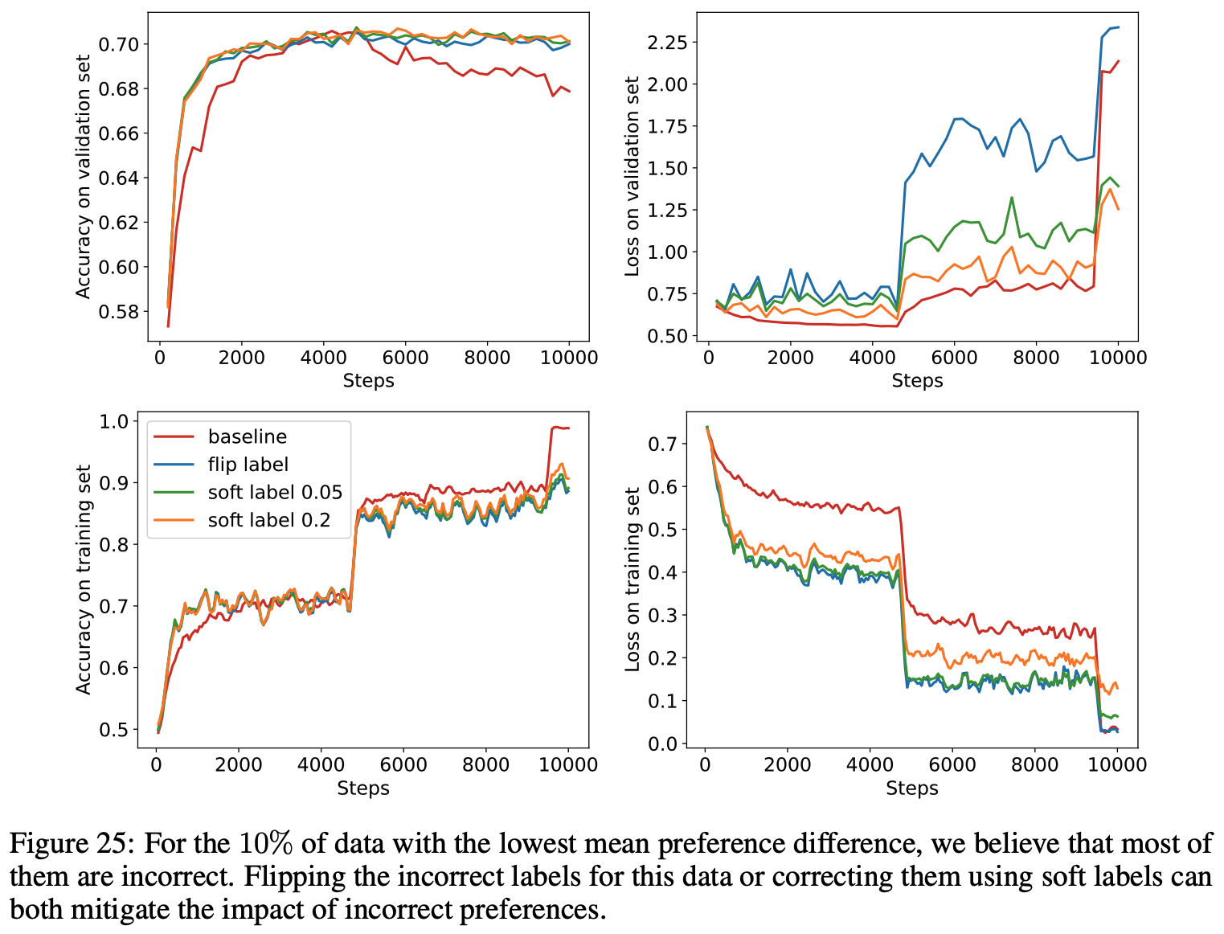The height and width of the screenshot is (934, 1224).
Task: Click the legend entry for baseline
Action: pos(247,436)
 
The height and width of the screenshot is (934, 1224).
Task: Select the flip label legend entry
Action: pos(248,465)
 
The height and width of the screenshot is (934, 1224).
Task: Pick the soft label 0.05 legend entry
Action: pos(275,492)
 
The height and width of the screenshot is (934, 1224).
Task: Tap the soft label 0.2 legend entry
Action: pos(268,520)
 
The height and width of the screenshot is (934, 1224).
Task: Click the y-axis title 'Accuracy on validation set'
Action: pos(84,176)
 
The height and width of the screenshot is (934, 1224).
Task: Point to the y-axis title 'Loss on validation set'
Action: pos(632,176)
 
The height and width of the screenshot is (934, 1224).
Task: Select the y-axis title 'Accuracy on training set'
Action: pos(84,579)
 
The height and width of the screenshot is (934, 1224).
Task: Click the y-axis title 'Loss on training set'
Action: pos(632,579)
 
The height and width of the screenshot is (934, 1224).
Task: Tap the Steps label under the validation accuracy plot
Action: pos(368,381)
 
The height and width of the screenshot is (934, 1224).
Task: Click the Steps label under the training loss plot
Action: pos(911,789)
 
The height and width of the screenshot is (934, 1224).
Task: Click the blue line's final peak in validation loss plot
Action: pos(1117,27)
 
